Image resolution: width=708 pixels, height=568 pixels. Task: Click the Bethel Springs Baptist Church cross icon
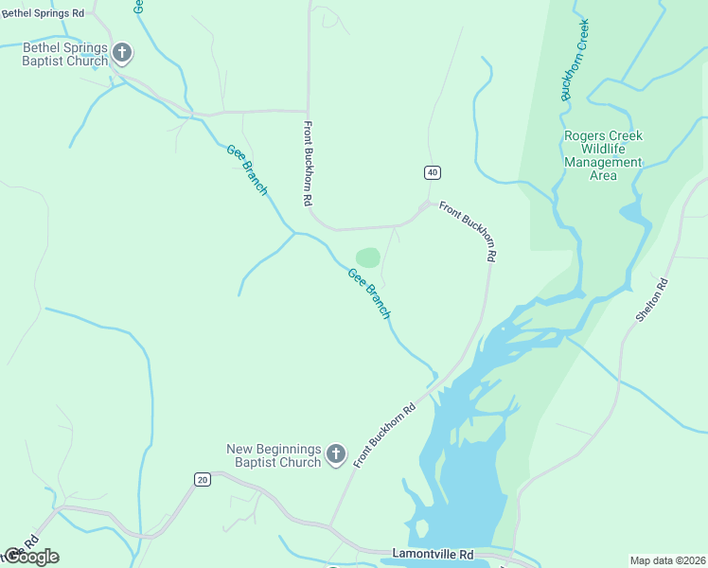[x=121, y=53]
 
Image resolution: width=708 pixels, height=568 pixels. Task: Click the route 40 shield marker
[x=432, y=172]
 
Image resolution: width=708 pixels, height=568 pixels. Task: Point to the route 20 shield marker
[x=202, y=480]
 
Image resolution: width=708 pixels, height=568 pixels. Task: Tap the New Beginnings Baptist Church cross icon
[x=335, y=456]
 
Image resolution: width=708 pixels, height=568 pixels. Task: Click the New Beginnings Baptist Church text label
[x=274, y=455]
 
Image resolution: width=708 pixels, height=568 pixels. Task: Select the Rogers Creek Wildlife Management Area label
[x=603, y=155]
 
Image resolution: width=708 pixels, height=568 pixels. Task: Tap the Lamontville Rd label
[x=431, y=552]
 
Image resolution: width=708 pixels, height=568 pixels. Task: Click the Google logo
[x=30, y=557]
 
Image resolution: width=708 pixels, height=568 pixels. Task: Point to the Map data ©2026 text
[x=667, y=560]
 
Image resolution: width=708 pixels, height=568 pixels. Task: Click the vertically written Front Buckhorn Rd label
[x=308, y=164]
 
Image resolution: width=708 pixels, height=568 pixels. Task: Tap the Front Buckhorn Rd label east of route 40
[x=468, y=233]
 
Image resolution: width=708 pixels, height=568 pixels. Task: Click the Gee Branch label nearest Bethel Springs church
[x=247, y=169]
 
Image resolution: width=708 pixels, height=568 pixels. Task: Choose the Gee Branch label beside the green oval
[x=369, y=293]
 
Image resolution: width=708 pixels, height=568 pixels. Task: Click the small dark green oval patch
[x=368, y=257]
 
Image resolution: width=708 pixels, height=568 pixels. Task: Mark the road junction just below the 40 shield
[x=424, y=205]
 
